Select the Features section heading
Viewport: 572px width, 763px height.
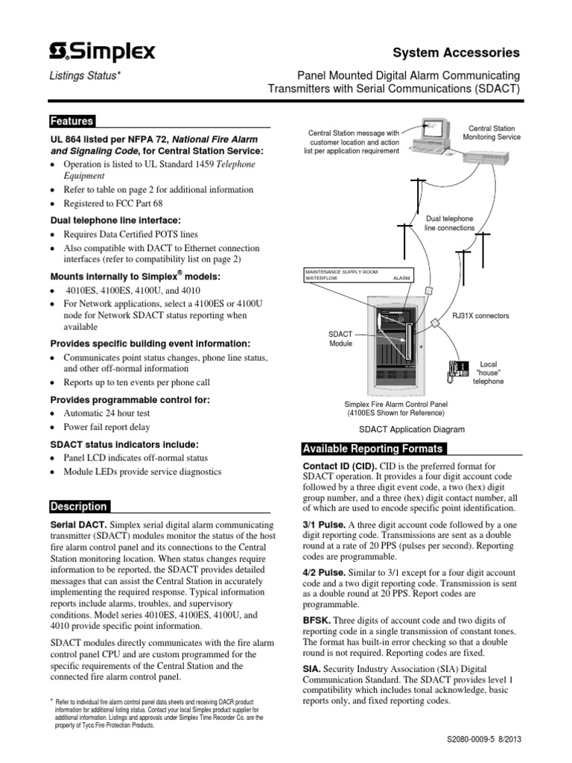tap(71, 121)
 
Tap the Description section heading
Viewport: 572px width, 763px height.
tap(78, 507)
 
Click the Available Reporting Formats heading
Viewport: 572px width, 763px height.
tap(373, 449)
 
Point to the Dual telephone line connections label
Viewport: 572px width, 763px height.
tap(448, 223)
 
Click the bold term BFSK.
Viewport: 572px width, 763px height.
tap(315, 620)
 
